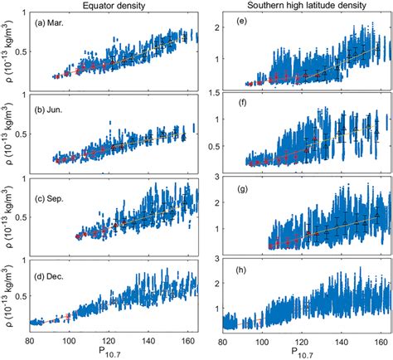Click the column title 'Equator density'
point(112,5)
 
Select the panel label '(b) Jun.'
point(51,109)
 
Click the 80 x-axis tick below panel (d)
point(30,341)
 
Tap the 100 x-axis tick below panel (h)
point(261,341)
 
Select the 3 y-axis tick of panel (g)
point(214,178)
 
